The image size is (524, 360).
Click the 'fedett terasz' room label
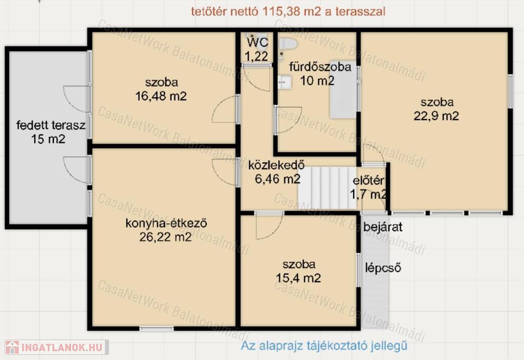pos(51,126)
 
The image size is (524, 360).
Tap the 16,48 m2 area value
pos(161,96)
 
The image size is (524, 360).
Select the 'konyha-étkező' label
pos(166,223)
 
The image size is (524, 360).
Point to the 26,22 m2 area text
pos(165,237)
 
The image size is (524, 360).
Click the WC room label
pos(257,42)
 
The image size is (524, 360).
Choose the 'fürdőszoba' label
pos(320,67)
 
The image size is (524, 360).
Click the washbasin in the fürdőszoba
pos(284,82)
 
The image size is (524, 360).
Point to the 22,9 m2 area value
pos(436,116)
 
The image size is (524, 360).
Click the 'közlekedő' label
pos(276,165)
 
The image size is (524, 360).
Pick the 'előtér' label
pos(368,181)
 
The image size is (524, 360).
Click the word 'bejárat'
pos(383,227)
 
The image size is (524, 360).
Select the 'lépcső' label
pos(383,268)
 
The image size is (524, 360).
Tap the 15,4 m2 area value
pos(298,278)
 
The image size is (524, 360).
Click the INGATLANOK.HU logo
pos(56,347)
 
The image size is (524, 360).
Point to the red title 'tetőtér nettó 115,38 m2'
pos(256,11)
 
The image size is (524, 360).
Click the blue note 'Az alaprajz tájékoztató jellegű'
pos(324,346)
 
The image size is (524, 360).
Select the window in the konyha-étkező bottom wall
pos(157,329)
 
